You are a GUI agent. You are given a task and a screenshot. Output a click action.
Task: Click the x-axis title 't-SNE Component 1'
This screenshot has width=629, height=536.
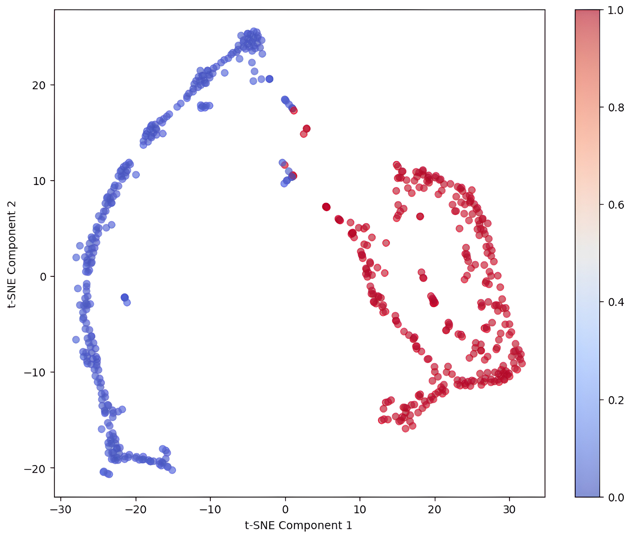299,525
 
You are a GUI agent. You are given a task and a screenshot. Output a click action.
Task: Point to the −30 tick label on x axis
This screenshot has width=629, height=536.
61,510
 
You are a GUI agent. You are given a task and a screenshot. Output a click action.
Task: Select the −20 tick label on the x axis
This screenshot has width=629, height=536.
136,510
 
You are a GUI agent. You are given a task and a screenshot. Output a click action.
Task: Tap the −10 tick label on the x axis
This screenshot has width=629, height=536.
210,510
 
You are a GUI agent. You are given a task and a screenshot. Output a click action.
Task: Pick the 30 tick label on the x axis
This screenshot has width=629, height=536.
509,510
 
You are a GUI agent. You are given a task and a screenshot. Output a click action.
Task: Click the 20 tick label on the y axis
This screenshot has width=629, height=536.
39,85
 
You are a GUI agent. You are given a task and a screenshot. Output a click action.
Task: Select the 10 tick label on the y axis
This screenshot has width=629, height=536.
39,181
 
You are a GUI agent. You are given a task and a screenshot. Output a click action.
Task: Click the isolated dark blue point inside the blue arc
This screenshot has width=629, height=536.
124,297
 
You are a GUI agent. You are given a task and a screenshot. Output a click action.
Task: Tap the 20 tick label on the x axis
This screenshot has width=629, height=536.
435,510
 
